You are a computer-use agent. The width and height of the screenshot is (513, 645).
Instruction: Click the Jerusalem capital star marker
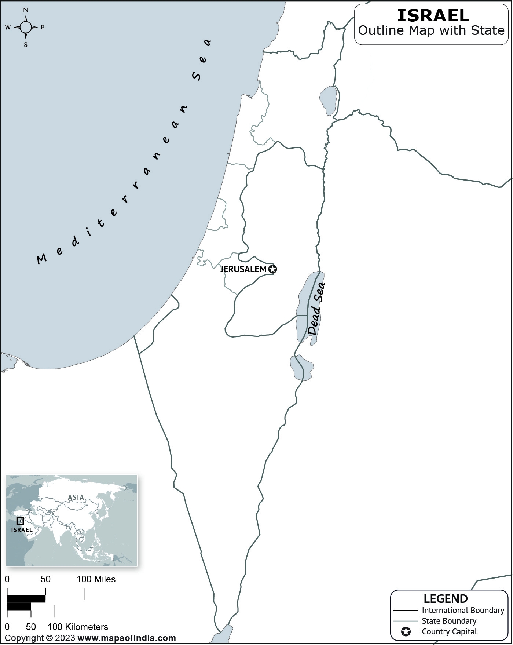[x=272, y=269]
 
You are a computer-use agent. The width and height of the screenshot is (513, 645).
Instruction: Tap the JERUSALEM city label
[x=243, y=269]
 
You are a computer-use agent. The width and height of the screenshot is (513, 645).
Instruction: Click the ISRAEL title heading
[x=433, y=15]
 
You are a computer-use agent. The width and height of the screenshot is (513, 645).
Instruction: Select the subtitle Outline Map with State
[x=431, y=30]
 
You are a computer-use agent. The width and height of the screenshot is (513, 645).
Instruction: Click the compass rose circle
[x=26, y=27]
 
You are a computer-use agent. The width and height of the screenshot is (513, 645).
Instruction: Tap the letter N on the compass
[x=26, y=10]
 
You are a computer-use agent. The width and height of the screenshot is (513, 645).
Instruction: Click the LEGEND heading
[x=446, y=599]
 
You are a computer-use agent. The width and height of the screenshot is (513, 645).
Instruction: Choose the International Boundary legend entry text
[x=463, y=611]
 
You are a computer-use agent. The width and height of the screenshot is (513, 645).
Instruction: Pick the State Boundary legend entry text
[x=449, y=621]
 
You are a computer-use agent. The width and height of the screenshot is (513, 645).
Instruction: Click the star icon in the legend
[x=406, y=632]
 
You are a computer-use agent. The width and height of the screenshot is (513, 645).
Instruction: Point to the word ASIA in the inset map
[x=76, y=497]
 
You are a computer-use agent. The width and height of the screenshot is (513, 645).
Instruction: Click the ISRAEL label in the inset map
[x=22, y=530]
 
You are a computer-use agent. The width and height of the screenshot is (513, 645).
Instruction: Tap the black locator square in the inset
[x=21, y=521]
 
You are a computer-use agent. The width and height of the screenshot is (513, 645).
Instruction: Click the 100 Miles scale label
[x=96, y=579]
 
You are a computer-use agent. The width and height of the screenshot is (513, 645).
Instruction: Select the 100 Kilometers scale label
[x=78, y=627]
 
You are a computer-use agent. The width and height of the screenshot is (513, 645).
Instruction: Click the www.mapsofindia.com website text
[x=127, y=638]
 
